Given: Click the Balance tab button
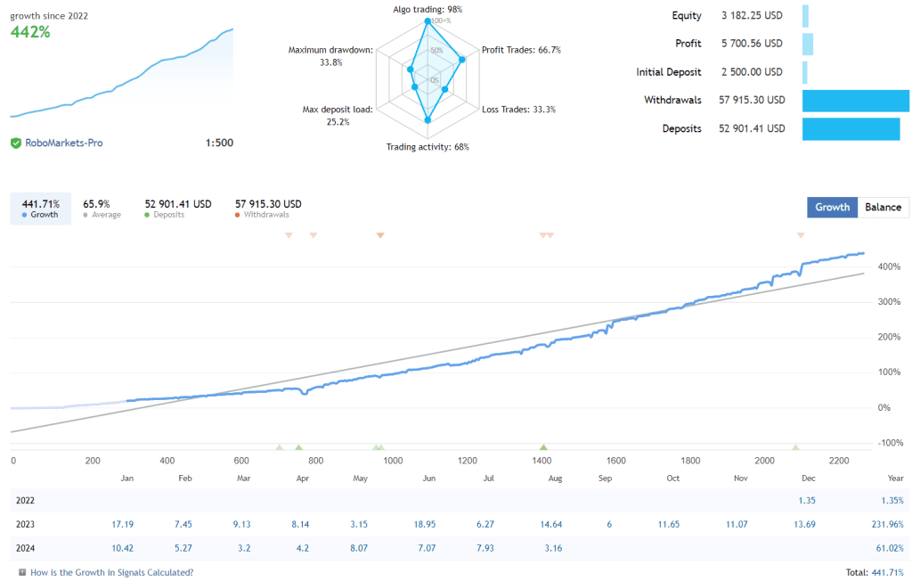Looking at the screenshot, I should pos(883,208).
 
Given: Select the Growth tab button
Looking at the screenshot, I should pos(832,208).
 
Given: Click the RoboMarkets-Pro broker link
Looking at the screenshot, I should pos(63,143).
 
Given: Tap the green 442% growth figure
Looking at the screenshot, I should pos(30,31).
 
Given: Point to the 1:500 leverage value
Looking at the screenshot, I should pos(219,143).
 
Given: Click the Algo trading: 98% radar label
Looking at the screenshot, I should pos(427,10).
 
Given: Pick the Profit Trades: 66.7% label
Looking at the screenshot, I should pos(521,50).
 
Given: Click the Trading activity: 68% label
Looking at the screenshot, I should pos(427,147).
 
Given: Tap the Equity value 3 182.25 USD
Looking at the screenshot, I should pos(752,16).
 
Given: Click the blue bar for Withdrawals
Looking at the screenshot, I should pos(855,101).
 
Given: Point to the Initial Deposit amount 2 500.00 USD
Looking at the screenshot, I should pos(752,72).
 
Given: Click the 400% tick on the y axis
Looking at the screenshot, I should pos(884,266).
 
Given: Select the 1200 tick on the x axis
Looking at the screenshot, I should pos(467,461).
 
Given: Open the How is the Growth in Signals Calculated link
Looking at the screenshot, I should pos(111,572).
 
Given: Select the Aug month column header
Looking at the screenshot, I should pos(555,479).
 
